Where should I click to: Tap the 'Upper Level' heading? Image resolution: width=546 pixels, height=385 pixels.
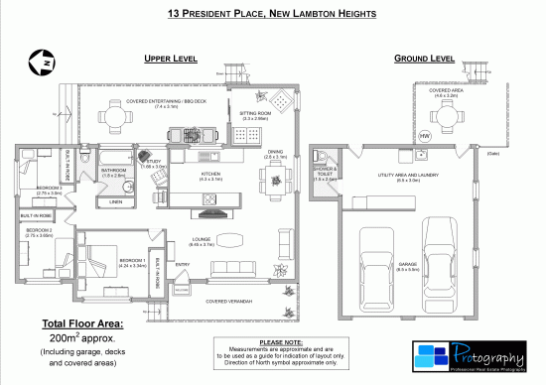coord(172,59)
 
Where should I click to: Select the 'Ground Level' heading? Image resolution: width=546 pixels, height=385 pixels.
coord(424,59)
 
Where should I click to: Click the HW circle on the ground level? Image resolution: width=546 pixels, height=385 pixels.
coord(425,135)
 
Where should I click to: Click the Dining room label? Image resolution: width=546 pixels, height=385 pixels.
coord(275,153)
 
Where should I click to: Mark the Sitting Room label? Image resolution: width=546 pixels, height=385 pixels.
coord(256,113)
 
